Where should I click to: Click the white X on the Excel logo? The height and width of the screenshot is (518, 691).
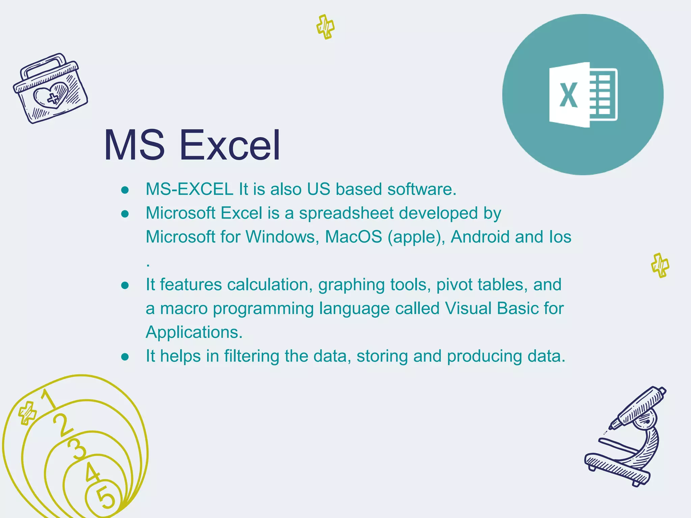569,95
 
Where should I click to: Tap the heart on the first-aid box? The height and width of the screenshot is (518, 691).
51,96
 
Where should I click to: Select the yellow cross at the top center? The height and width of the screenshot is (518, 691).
326,27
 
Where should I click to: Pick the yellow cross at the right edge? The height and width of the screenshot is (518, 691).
660,265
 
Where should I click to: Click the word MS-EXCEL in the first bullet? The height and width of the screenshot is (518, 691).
189,189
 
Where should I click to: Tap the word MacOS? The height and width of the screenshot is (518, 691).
353,237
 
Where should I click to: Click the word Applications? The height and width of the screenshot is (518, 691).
194,332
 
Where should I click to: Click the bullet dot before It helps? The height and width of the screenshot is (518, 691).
125,356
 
